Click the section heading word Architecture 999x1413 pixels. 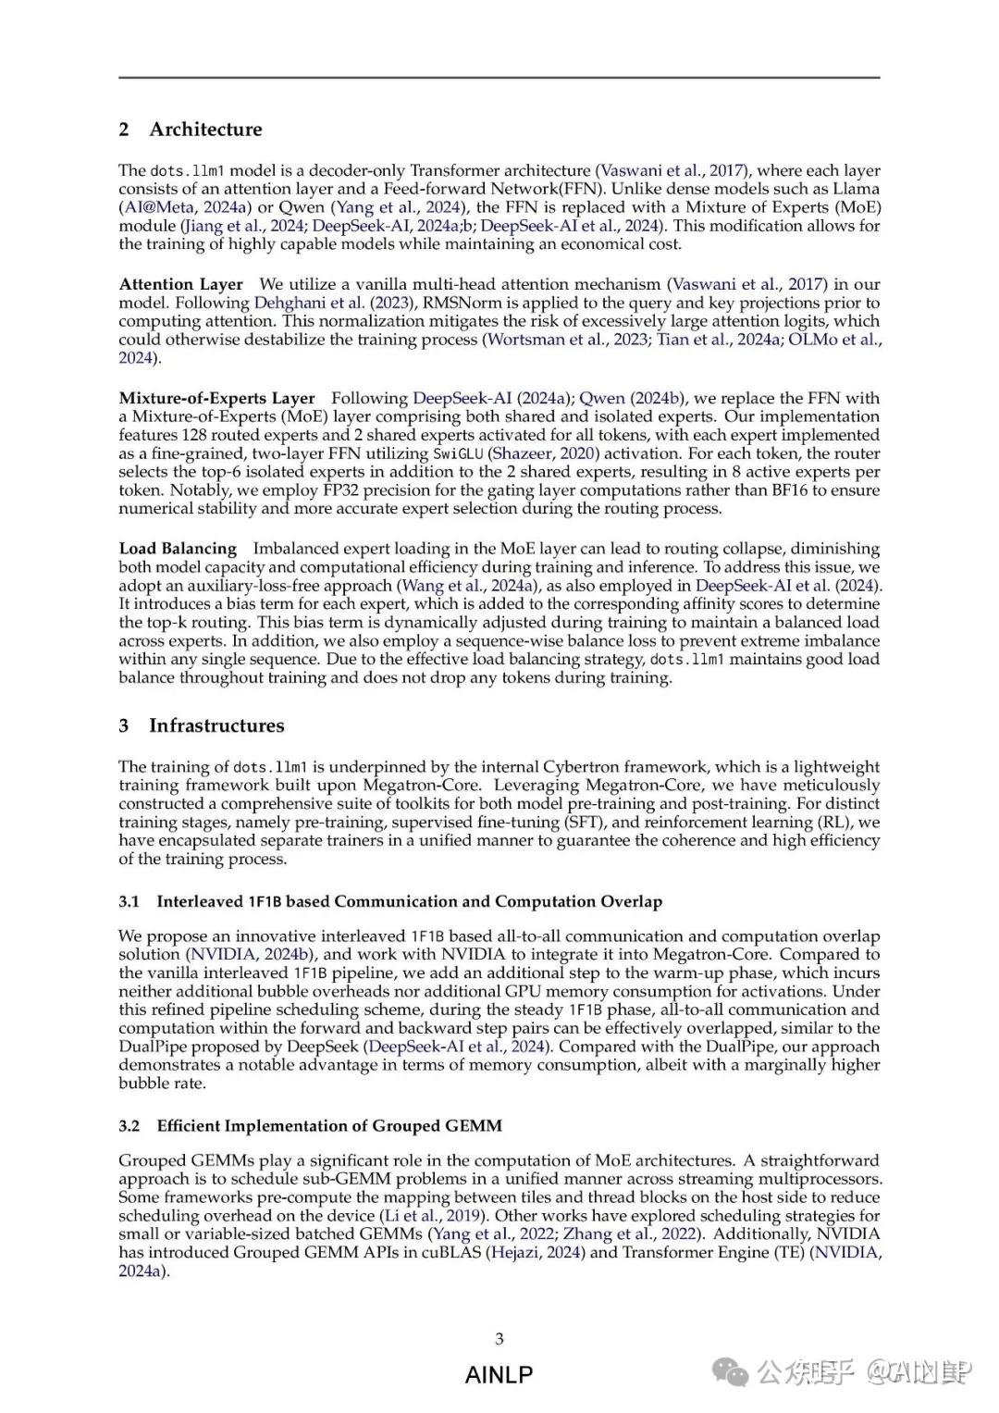click(x=205, y=130)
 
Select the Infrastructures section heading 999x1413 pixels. click(x=216, y=725)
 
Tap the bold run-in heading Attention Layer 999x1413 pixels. click(x=180, y=284)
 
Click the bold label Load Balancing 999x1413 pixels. click(x=178, y=549)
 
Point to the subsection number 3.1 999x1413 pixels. click(x=129, y=901)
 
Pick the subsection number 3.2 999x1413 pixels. click(x=129, y=1126)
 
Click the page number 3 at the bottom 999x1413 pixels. click(x=499, y=1338)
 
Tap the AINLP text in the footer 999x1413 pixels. click(x=499, y=1375)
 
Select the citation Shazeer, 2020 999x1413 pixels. click(x=545, y=453)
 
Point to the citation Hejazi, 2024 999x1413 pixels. click(x=536, y=1253)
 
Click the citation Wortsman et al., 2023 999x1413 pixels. click(x=567, y=340)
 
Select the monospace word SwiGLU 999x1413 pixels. click(x=458, y=453)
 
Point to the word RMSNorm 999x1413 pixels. click(x=464, y=303)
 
